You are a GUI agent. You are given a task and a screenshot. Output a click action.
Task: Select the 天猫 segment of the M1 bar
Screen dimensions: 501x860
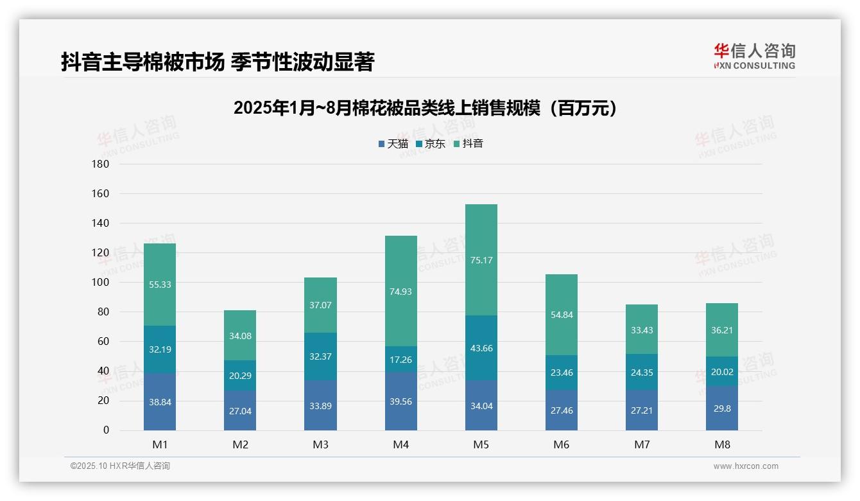(160, 401)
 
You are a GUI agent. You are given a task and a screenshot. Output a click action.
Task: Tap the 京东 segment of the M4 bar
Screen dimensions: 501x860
(400, 359)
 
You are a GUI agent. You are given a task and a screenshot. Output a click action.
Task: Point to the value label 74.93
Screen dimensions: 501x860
(400, 291)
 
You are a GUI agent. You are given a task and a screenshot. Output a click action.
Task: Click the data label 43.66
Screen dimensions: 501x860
(481, 348)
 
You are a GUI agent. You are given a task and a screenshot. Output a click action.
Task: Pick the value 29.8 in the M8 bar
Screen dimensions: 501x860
(722, 408)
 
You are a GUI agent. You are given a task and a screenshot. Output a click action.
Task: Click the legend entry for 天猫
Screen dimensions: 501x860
(393, 144)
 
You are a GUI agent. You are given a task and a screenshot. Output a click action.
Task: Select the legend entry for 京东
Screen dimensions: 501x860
(431, 144)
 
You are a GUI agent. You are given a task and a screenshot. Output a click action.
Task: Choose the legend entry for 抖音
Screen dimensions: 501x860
(469, 144)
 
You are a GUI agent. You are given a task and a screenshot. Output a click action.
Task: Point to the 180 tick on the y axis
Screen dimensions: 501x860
(101, 164)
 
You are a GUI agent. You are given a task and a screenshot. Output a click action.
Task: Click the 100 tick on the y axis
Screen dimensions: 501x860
(101, 282)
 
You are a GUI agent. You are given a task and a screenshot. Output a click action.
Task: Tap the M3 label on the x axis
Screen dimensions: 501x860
(320, 444)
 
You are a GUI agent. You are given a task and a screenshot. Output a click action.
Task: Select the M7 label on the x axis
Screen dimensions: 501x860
(642, 444)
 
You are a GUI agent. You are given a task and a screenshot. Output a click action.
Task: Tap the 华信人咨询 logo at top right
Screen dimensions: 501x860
(754, 56)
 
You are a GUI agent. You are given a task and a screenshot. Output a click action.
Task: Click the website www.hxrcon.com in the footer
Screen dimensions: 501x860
(746, 466)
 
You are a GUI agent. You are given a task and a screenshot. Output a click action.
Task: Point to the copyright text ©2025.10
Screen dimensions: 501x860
(120, 466)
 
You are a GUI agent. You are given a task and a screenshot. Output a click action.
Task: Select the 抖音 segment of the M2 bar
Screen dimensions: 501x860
(240, 335)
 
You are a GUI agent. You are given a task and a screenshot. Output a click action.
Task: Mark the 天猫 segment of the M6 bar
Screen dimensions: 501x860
(562, 410)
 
